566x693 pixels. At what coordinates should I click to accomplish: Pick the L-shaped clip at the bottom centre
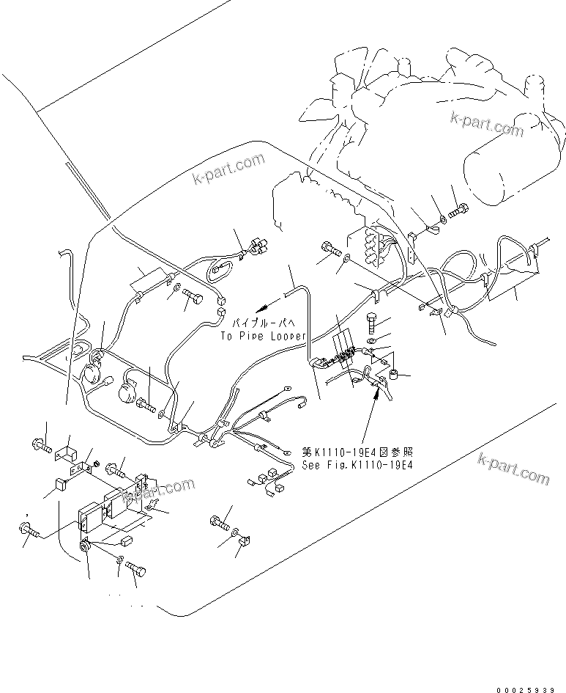coord(245,541)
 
